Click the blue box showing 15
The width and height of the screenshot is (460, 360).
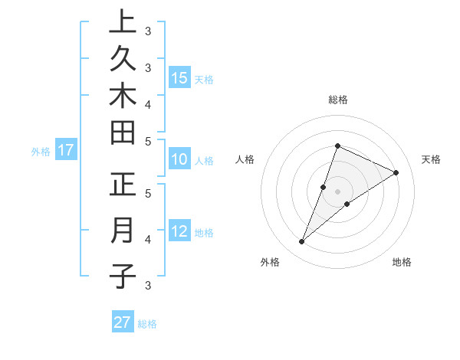tap(179, 77)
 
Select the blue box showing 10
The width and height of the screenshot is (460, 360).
tap(179, 160)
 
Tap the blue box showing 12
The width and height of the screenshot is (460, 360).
tap(179, 231)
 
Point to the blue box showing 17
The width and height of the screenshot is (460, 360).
tap(66, 150)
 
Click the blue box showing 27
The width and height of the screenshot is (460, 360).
tap(123, 322)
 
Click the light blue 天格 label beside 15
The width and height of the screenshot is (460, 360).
tap(204, 79)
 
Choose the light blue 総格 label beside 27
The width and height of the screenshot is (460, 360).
tap(147, 324)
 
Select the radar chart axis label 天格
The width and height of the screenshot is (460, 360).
tap(431, 159)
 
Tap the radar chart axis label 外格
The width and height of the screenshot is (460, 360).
tap(270, 262)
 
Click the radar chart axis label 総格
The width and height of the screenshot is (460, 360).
tap(337, 100)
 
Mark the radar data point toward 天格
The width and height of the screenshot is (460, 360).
tap(396, 172)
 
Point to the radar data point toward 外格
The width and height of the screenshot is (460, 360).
tap(302, 242)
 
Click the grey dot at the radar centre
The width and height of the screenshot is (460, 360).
tap(337, 191)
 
